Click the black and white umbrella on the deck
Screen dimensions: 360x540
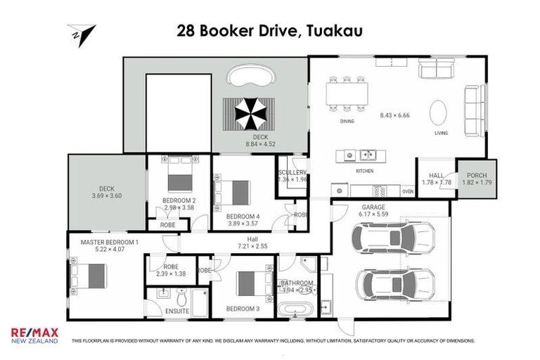[246, 112]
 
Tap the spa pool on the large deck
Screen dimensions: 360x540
[254, 75]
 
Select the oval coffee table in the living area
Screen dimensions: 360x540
[438, 112]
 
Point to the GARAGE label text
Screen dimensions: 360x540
[373, 208]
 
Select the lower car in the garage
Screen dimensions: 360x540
[385, 285]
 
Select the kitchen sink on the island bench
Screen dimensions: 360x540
[366, 155]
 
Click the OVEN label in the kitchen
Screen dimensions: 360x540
[407, 191]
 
